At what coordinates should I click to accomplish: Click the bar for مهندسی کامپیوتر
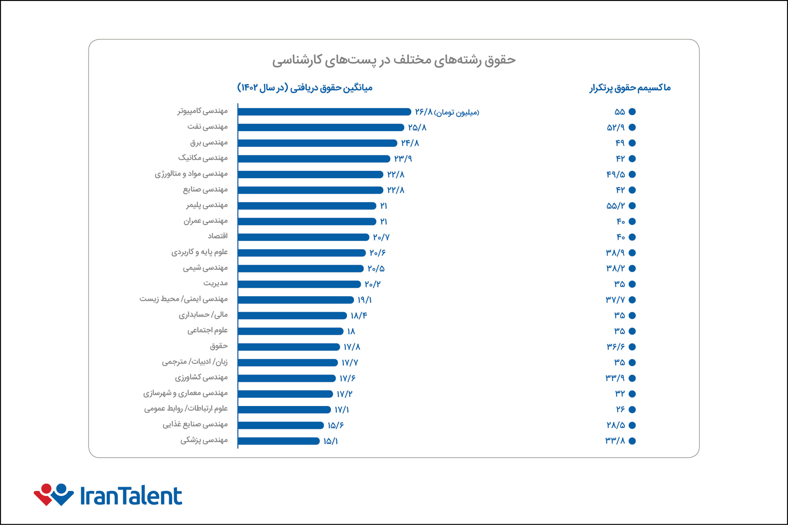pyautogui.click(x=324, y=112)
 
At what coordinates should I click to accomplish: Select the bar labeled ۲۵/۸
pyautogui.click(x=321, y=128)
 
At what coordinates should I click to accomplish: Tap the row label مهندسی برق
pyautogui.click(x=209, y=143)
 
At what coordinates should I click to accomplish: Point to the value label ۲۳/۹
pyautogui.click(x=403, y=159)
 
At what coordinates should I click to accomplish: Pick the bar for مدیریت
pyautogui.click(x=299, y=284)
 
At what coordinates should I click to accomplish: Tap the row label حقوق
pyautogui.click(x=219, y=346)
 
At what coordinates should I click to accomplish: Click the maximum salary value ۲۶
pyautogui.click(x=620, y=409)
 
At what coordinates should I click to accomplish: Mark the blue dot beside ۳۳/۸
pyautogui.click(x=632, y=441)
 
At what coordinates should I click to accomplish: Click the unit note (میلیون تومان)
pyautogui.click(x=456, y=113)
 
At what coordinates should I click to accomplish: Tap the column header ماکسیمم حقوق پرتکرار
pyautogui.click(x=630, y=88)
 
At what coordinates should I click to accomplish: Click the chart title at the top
pyautogui.click(x=394, y=60)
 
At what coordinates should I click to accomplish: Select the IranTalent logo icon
pyautogui.click(x=54, y=495)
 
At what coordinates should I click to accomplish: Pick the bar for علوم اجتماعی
pyautogui.click(x=291, y=332)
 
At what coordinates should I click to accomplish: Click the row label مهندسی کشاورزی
pyautogui.click(x=201, y=378)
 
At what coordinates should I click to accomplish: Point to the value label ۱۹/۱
pyautogui.click(x=365, y=300)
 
